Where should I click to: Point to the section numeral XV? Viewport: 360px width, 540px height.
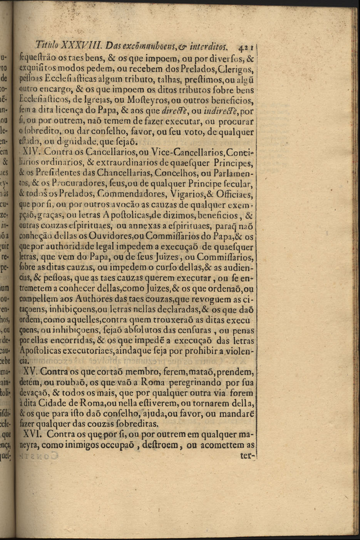tap(30, 372)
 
